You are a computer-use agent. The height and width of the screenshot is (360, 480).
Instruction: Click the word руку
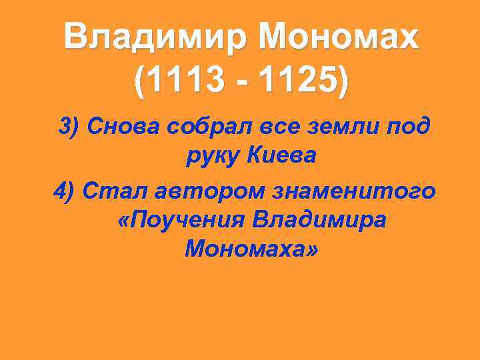[x=211, y=157]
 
